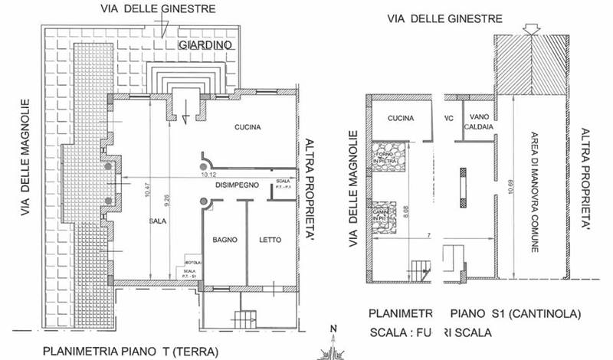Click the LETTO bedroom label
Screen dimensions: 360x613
(x=270, y=240)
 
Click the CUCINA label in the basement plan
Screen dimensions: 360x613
(x=400, y=119)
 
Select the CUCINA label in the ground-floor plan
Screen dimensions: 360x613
(x=250, y=127)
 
